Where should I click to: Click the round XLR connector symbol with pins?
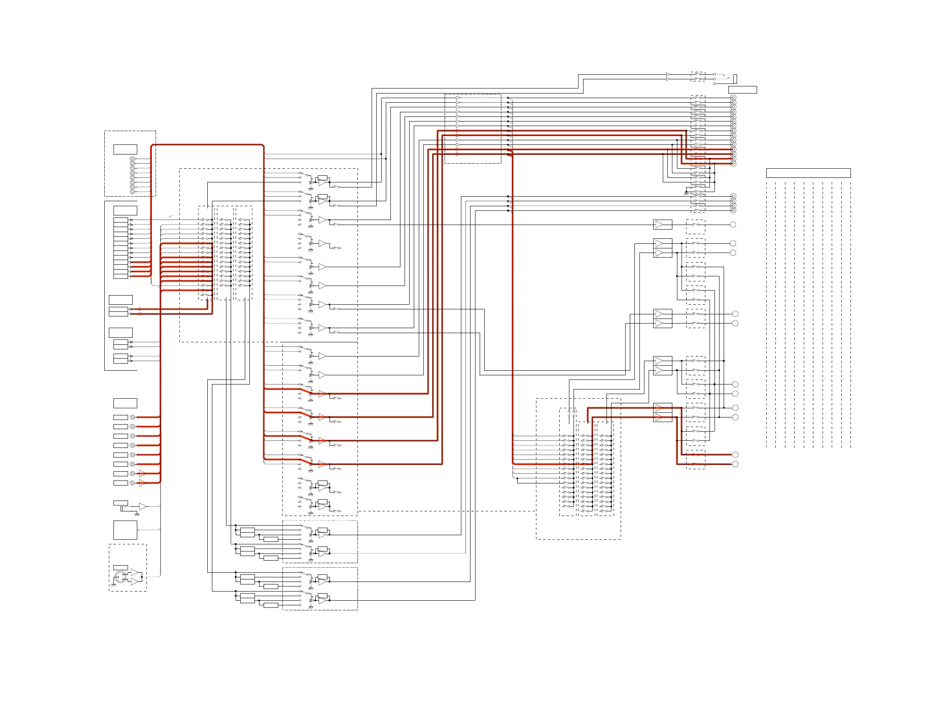point(120,577)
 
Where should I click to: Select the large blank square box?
point(125,530)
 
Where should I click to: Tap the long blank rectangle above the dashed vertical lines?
point(808,173)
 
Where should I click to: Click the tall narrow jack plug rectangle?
point(735,79)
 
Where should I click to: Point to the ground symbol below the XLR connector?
point(113,585)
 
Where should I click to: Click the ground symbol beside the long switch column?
point(686,194)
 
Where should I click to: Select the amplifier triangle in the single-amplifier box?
point(659,224)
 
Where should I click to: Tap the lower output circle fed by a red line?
point(735,464)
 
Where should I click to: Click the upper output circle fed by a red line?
point(735,455)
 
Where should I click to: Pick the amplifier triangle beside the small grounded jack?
point(142,506)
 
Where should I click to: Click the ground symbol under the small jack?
point(137,514)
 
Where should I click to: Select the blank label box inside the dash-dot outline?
point(125,149)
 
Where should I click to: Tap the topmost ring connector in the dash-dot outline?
point(132,159)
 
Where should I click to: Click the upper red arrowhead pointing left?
point(138,309)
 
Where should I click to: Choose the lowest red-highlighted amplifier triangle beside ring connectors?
point(142,483)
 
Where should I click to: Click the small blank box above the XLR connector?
point(120,567)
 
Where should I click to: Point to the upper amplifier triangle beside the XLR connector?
point(135,572)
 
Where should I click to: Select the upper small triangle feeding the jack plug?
point(668,74)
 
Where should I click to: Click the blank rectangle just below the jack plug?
point(742,89)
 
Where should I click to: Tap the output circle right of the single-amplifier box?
point(732,224)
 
